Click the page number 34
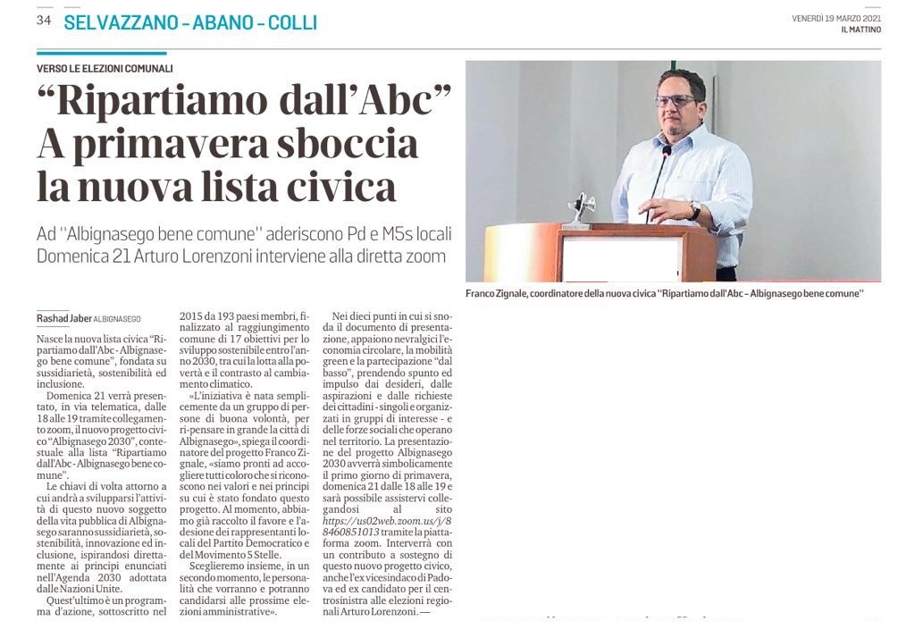[x=44, y=21]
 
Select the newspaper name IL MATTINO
[x=860, y=30]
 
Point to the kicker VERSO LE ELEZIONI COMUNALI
[x=105, y=69]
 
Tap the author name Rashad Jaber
[x=63, y=318]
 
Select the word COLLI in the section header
[x=295, y=22]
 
